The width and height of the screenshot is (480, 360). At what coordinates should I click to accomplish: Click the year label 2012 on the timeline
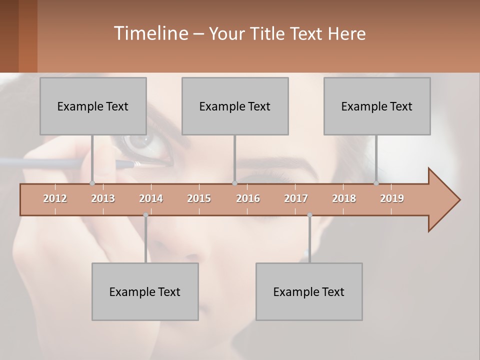click(x=55, y=198)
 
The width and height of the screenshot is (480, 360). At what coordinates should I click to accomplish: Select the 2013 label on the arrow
click(x=103, y=198)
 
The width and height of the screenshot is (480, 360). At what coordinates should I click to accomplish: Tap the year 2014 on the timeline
click(x=151, y=198)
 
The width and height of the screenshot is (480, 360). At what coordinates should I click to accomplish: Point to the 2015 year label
click(x=199, y=198)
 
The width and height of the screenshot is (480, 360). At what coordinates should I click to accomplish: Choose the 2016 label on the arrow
click(x=248, y=198)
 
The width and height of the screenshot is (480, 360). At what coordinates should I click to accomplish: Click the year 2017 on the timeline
click(x=296, y=198)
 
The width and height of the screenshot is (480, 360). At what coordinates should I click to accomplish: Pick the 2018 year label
click(x=344, y=198)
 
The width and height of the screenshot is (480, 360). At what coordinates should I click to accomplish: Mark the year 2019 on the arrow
click(x=392, y=198)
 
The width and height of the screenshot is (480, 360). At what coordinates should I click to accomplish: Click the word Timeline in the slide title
click(x=150, y=33)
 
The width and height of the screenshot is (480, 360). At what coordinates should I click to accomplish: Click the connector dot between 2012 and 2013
click(x=92, y=183)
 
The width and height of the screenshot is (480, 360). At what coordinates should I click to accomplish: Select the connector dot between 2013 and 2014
click(x=145, y=215)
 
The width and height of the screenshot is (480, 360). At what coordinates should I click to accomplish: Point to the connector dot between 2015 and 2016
click(x=234, y=183)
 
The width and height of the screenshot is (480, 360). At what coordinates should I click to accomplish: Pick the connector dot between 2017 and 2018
click(x=309, y=215)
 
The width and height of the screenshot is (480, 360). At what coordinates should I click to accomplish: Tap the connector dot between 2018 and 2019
click(x=376, y=183)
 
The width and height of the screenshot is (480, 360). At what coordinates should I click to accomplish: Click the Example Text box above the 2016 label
click(x=235, y=106)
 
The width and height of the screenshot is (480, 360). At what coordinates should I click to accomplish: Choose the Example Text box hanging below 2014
click(x=145, y=291)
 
